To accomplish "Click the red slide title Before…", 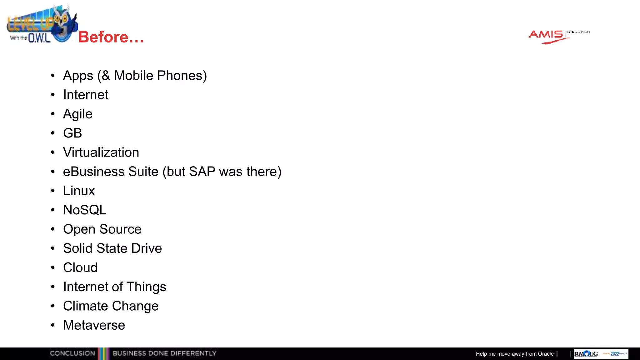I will pos(111,37).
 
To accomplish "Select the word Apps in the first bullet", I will pos(78,76).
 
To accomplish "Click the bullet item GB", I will pos(72,133).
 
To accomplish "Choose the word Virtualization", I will pos(101,152).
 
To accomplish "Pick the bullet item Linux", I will pos(79,191).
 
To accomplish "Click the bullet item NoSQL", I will pos(85,210).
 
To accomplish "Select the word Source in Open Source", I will pos(120,229).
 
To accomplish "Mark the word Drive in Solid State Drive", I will pos(147,248).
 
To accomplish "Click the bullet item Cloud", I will pos(80,268).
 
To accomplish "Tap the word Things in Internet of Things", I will pos(146,287).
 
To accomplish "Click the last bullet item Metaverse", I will pos(94,325).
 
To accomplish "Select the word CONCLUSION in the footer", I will pos(72,353).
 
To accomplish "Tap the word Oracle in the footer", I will pos(546,354).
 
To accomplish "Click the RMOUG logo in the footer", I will pos(586,354).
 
